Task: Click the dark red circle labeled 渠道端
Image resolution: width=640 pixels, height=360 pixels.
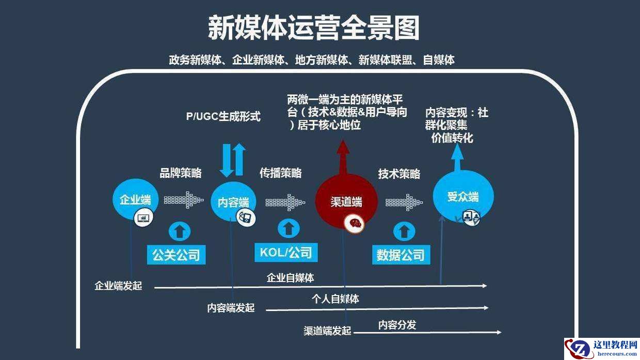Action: [345, 202]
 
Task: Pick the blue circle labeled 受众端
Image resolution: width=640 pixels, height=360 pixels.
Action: [462, 197]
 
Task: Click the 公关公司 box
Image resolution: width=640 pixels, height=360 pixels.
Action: [176, 254]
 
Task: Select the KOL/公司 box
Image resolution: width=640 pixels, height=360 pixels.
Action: [285, 252]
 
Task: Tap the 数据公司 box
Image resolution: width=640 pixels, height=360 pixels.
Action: [401, 254]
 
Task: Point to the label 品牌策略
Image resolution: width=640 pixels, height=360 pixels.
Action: [180, 173]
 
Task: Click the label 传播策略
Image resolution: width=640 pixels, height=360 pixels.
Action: [280, 173]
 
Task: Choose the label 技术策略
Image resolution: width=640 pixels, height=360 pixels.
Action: [399, 174]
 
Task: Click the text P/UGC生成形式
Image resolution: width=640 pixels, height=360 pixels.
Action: [223, 117]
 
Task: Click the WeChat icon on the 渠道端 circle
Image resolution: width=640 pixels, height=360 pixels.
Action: [355, 223]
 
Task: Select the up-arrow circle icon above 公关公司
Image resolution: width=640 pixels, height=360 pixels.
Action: [180, 230]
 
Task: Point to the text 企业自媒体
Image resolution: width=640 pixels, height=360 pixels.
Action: [290, 278]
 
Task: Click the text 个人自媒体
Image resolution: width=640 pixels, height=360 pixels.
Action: [335, 299]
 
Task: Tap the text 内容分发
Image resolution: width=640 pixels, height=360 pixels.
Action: [397, 325]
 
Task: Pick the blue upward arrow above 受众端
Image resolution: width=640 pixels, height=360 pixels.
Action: [457, 156]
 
